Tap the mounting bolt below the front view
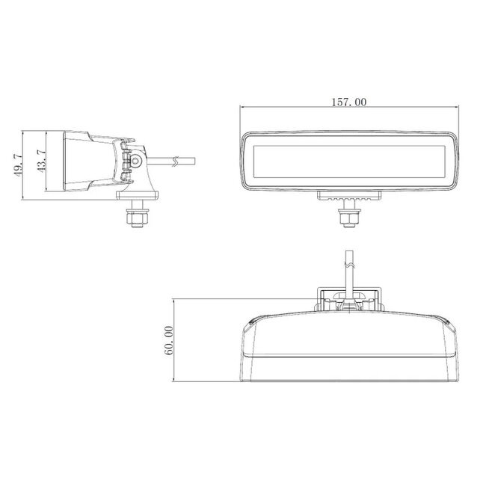pos(349,217)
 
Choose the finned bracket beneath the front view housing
pos(349,197)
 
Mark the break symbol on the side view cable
pos(175,160)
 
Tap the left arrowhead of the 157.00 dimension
pos(243,108)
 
